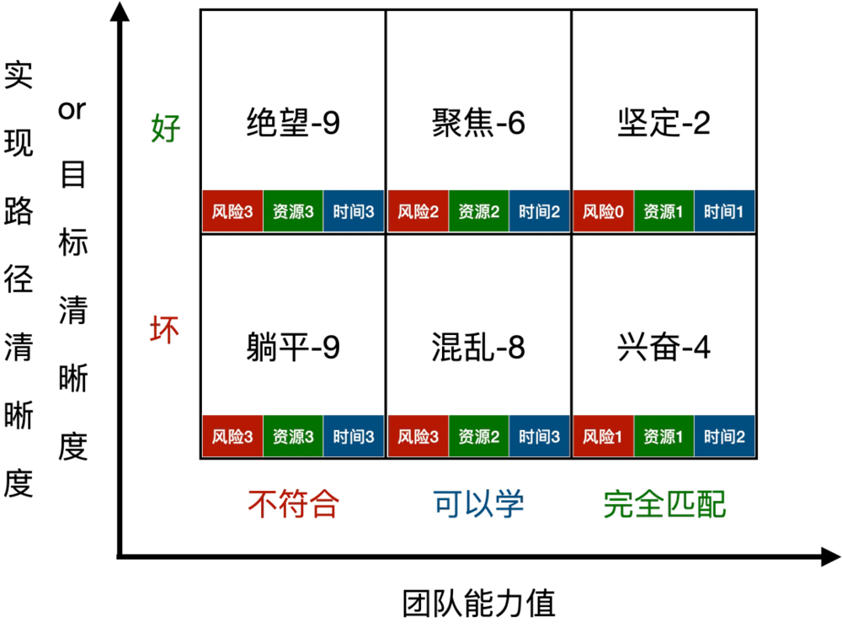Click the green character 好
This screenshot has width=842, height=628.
(166, 129)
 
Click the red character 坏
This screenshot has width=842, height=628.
(165, 329)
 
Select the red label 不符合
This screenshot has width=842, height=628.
(293, 504)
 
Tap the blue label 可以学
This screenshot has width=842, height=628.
(478, 504)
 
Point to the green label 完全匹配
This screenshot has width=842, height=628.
(664, 504)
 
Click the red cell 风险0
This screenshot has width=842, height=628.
(603, 210)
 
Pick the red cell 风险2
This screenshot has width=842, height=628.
(418, 210)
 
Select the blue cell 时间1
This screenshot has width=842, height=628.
(724, 210)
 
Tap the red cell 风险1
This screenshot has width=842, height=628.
(603, 436)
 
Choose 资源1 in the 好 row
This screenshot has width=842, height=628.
(663, 210)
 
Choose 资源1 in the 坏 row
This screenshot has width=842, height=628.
(663, 436)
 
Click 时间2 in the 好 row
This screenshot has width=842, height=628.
(539, 210)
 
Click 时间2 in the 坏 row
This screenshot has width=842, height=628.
(724, 436)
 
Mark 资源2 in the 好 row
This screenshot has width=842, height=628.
(478, 210)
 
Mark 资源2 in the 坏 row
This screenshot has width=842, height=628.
(478, 436)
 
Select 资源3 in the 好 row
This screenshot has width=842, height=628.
(293, 210)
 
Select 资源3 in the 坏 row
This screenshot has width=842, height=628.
(293, 436)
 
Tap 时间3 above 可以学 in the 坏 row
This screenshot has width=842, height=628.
(539, 436)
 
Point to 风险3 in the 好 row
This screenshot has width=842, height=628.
(232, 210)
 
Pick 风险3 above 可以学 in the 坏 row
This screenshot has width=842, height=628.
(418, 436)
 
